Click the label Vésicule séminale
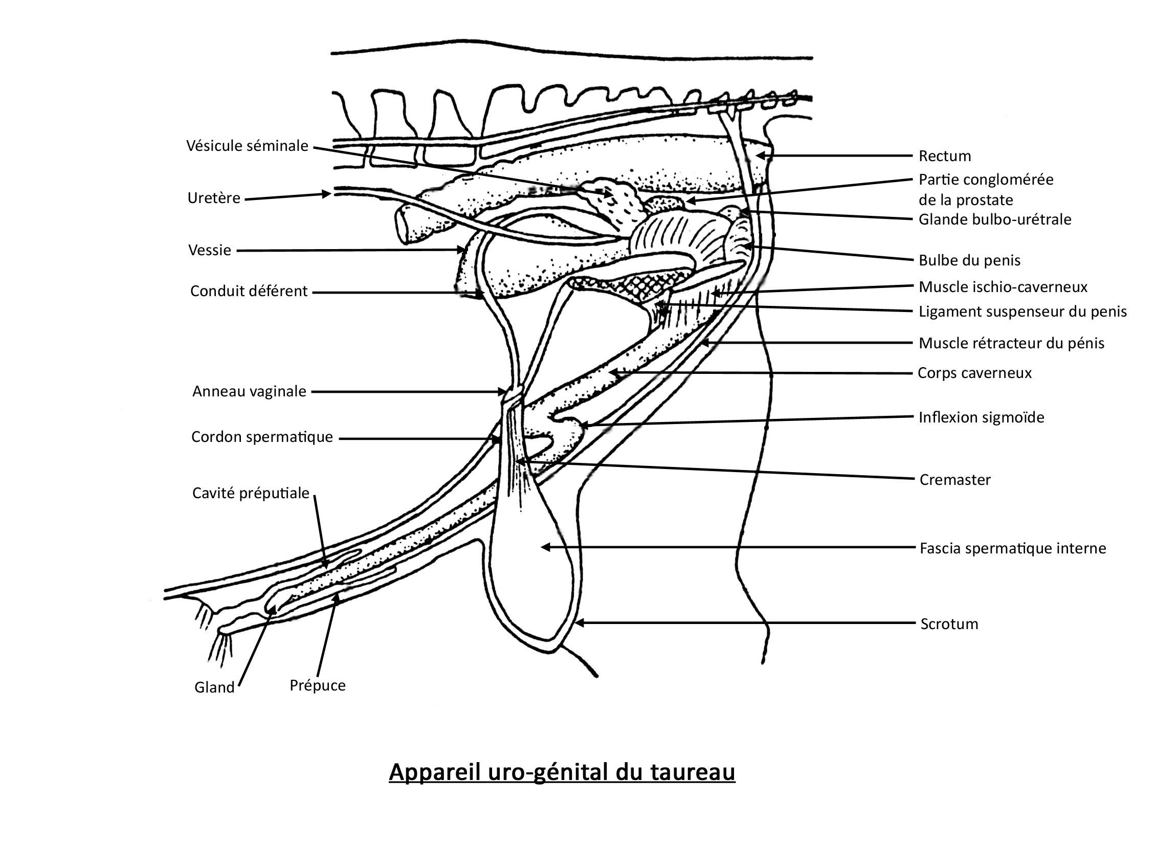click(x=247, y=146)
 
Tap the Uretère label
click(x=214, y=198)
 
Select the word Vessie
click(x=210, y=251)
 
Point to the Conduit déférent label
click(x=249, y=292)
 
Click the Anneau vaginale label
click(x=250, y=392)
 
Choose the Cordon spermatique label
click(x=262, y=437)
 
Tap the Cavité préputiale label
click(x=251, y=494)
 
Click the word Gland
click(x=215, y=687)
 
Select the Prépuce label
click(x=318, y=686)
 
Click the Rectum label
click(x=945, y=156)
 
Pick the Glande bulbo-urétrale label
click(x=995, y=220)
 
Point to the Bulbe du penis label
click(x=970, y=261)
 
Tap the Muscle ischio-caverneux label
click(x=1004, y=287)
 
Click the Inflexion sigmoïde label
click(x=982, y=417)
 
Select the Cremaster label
click(x=955, y=480)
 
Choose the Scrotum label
click(x=949, y=624)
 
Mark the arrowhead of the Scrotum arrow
click(x=579, y=622)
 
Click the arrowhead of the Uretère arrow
click(x=326, y=194)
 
